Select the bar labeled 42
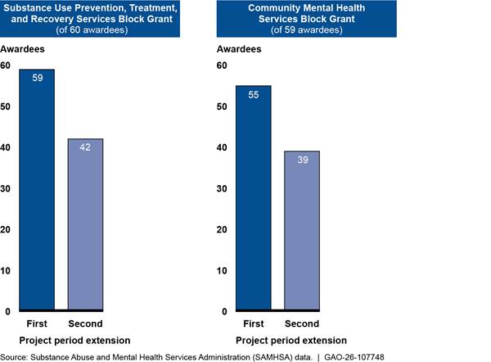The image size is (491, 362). coord(85,224)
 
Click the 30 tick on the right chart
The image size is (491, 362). coord(222,188)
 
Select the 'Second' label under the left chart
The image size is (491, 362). coord(85,324)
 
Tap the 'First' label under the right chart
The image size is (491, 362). coord(251,324)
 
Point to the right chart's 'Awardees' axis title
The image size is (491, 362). coord(239,49)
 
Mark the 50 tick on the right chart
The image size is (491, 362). coord(222,106)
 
